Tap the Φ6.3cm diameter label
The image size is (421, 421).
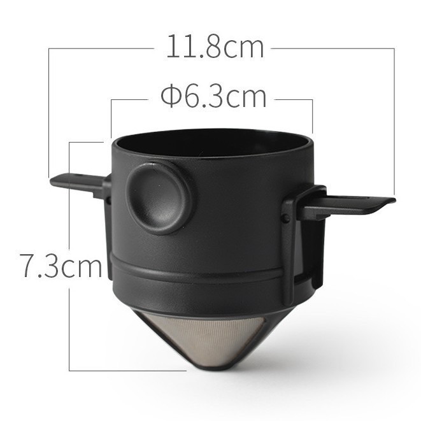tap(214, 97)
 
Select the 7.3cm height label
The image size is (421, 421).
tap(61, 264)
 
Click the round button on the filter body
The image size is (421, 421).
tap(159, 197)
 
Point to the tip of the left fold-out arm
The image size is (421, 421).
tap(52, 182)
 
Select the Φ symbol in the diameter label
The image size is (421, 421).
tap(171, 97)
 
